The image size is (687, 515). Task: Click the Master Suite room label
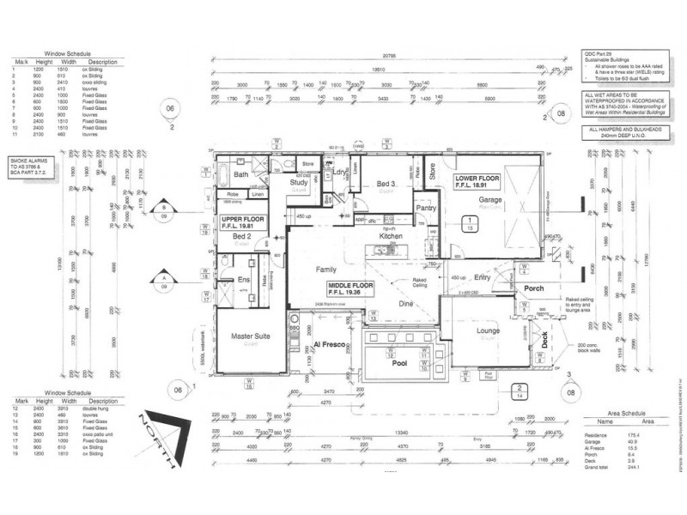coord(251,336)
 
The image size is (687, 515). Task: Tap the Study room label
coord(299,183)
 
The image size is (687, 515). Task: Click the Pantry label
coord(426,208)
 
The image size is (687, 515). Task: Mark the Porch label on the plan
coord(534,288)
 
